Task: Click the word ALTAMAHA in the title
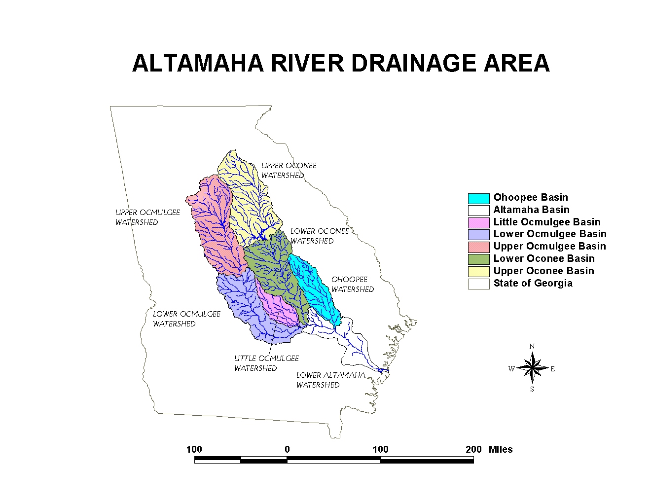click(198, 64)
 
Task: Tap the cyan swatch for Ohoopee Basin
click(478, 198)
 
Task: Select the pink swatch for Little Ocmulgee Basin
click(478, 222)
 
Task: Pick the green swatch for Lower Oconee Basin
click(478, 259)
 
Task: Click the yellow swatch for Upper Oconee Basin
click(478, 271)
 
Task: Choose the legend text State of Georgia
click(533, 283)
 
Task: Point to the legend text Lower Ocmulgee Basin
click(550, 234)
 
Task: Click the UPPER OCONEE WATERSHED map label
click(289, 171)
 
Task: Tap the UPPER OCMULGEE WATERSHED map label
click(147, 217)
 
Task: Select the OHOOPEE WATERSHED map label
click(352, 285)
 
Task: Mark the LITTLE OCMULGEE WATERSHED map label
click(266, 363)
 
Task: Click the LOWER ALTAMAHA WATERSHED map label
click(331, 380)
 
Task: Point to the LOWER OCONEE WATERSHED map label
click(320, 236)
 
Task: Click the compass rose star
click(532, 367)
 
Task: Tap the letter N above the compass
click(532, 346)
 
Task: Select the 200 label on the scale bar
click(473, 449)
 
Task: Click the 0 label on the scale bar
click(287, 449)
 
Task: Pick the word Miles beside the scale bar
click(500, 449)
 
